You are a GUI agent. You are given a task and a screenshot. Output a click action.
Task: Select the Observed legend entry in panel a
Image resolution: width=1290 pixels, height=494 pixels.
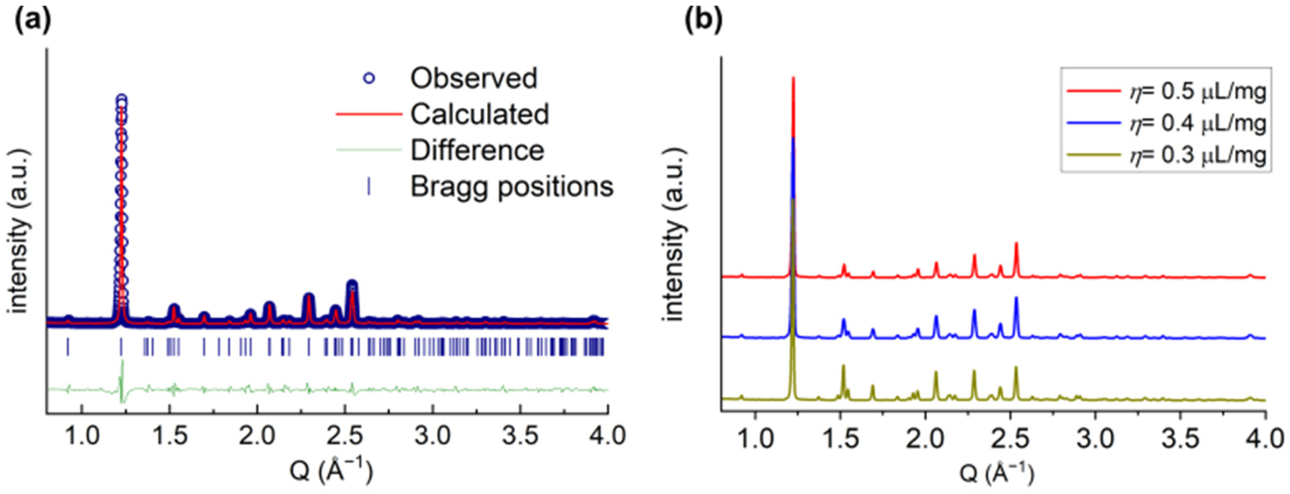click(473, 79)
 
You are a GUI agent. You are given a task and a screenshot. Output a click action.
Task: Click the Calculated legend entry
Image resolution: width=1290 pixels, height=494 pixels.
click(479, 114)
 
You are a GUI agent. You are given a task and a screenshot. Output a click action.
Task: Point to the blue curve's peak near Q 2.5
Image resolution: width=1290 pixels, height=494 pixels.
click(1017, 298)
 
